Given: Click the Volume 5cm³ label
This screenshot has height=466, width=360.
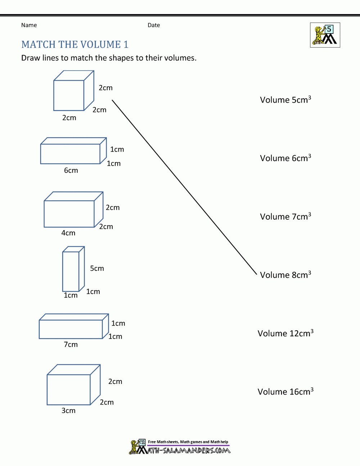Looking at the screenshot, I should coord(285,100).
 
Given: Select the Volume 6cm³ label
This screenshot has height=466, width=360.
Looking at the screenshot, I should coord(285,158).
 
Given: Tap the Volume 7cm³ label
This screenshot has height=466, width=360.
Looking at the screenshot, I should coord(285,216).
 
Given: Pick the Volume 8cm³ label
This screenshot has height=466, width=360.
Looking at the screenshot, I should coord(285,275).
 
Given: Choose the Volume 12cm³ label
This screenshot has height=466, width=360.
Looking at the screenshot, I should coord(285,333).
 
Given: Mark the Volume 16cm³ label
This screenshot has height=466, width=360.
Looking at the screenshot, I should coord(285,391).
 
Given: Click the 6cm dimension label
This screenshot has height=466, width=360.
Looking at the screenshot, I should coord(71,170).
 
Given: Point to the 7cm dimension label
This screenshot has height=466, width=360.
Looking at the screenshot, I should coord(71,345).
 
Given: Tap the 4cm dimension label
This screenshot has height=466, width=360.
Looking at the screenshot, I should coord(68,233).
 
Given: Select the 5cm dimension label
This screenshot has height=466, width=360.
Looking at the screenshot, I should coord(97,268).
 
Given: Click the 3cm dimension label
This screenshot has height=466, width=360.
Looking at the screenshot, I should coord(68,411).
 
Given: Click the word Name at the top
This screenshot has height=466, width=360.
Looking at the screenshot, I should coord(29,25).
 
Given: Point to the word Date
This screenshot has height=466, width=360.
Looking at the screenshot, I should coord(154,25).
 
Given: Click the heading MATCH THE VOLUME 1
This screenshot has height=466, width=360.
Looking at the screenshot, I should coord(75,44).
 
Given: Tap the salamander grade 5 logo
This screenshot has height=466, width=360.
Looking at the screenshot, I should coord(325,35).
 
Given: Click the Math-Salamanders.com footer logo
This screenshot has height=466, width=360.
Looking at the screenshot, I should coord(180,447).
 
